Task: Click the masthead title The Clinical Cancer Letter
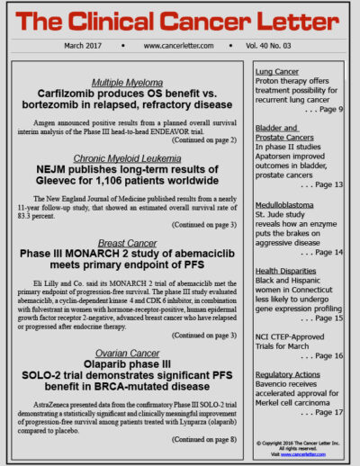pos(179,20)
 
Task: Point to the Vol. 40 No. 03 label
pos(271,45)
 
